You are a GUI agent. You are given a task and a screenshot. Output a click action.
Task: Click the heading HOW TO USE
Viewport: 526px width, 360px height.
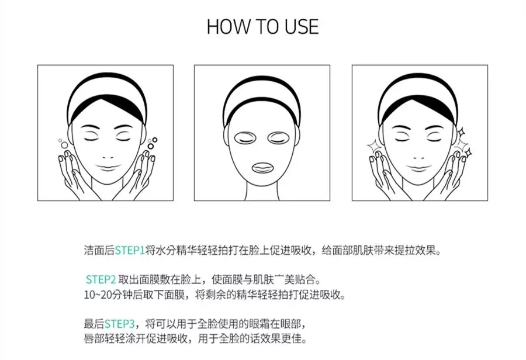tap(262, 27)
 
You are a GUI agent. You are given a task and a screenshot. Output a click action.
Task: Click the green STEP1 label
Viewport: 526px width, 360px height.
tap(129, 250)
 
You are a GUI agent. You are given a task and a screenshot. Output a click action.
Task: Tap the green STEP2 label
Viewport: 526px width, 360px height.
tap(101, 278)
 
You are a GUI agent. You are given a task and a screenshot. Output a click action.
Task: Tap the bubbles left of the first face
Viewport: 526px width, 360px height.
tap(61, 144)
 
